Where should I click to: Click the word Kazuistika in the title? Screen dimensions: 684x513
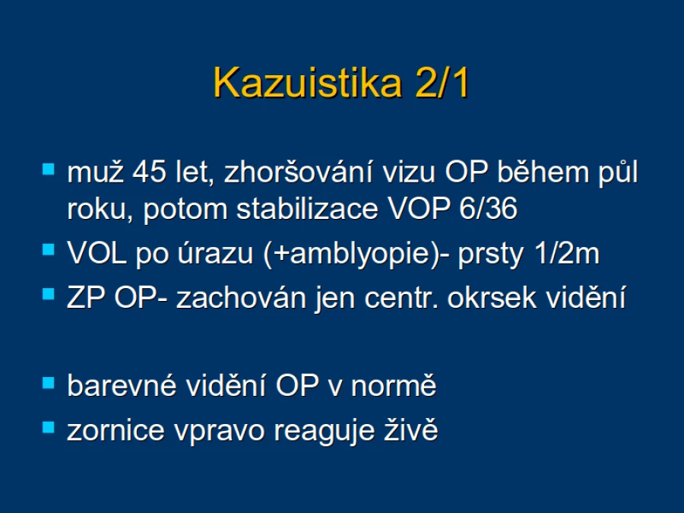(308, 83)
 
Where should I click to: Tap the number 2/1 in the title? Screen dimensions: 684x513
(442, 83)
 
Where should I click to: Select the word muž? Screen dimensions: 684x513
(95, 172)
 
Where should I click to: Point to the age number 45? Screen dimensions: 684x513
(149, 172)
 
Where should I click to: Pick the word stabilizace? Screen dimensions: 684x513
(307, 208)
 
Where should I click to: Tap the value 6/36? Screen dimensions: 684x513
(488, 208)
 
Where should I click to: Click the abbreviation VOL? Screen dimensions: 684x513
(97, 253)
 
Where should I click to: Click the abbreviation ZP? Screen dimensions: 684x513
(86, 298)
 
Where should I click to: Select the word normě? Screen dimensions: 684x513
(394, 385)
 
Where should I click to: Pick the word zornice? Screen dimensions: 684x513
(116, 431)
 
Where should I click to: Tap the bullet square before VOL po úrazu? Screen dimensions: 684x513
(49, 249)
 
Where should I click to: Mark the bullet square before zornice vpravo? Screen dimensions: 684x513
(49, 427)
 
